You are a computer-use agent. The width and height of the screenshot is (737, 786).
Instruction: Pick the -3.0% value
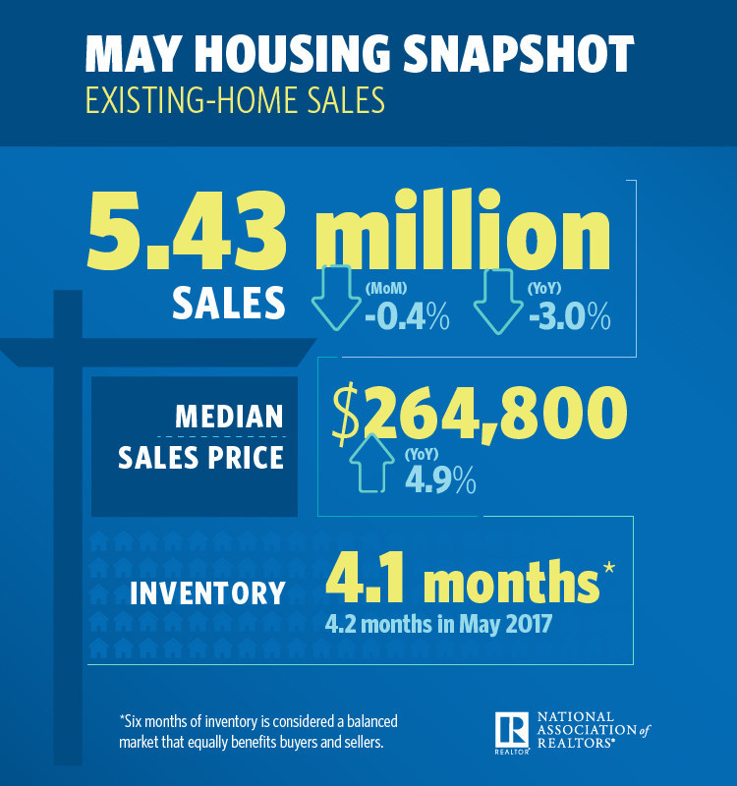[569, 318]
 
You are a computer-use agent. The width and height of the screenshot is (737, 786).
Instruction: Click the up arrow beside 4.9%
[373, 462]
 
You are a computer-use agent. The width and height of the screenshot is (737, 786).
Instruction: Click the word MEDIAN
[228, 417]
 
